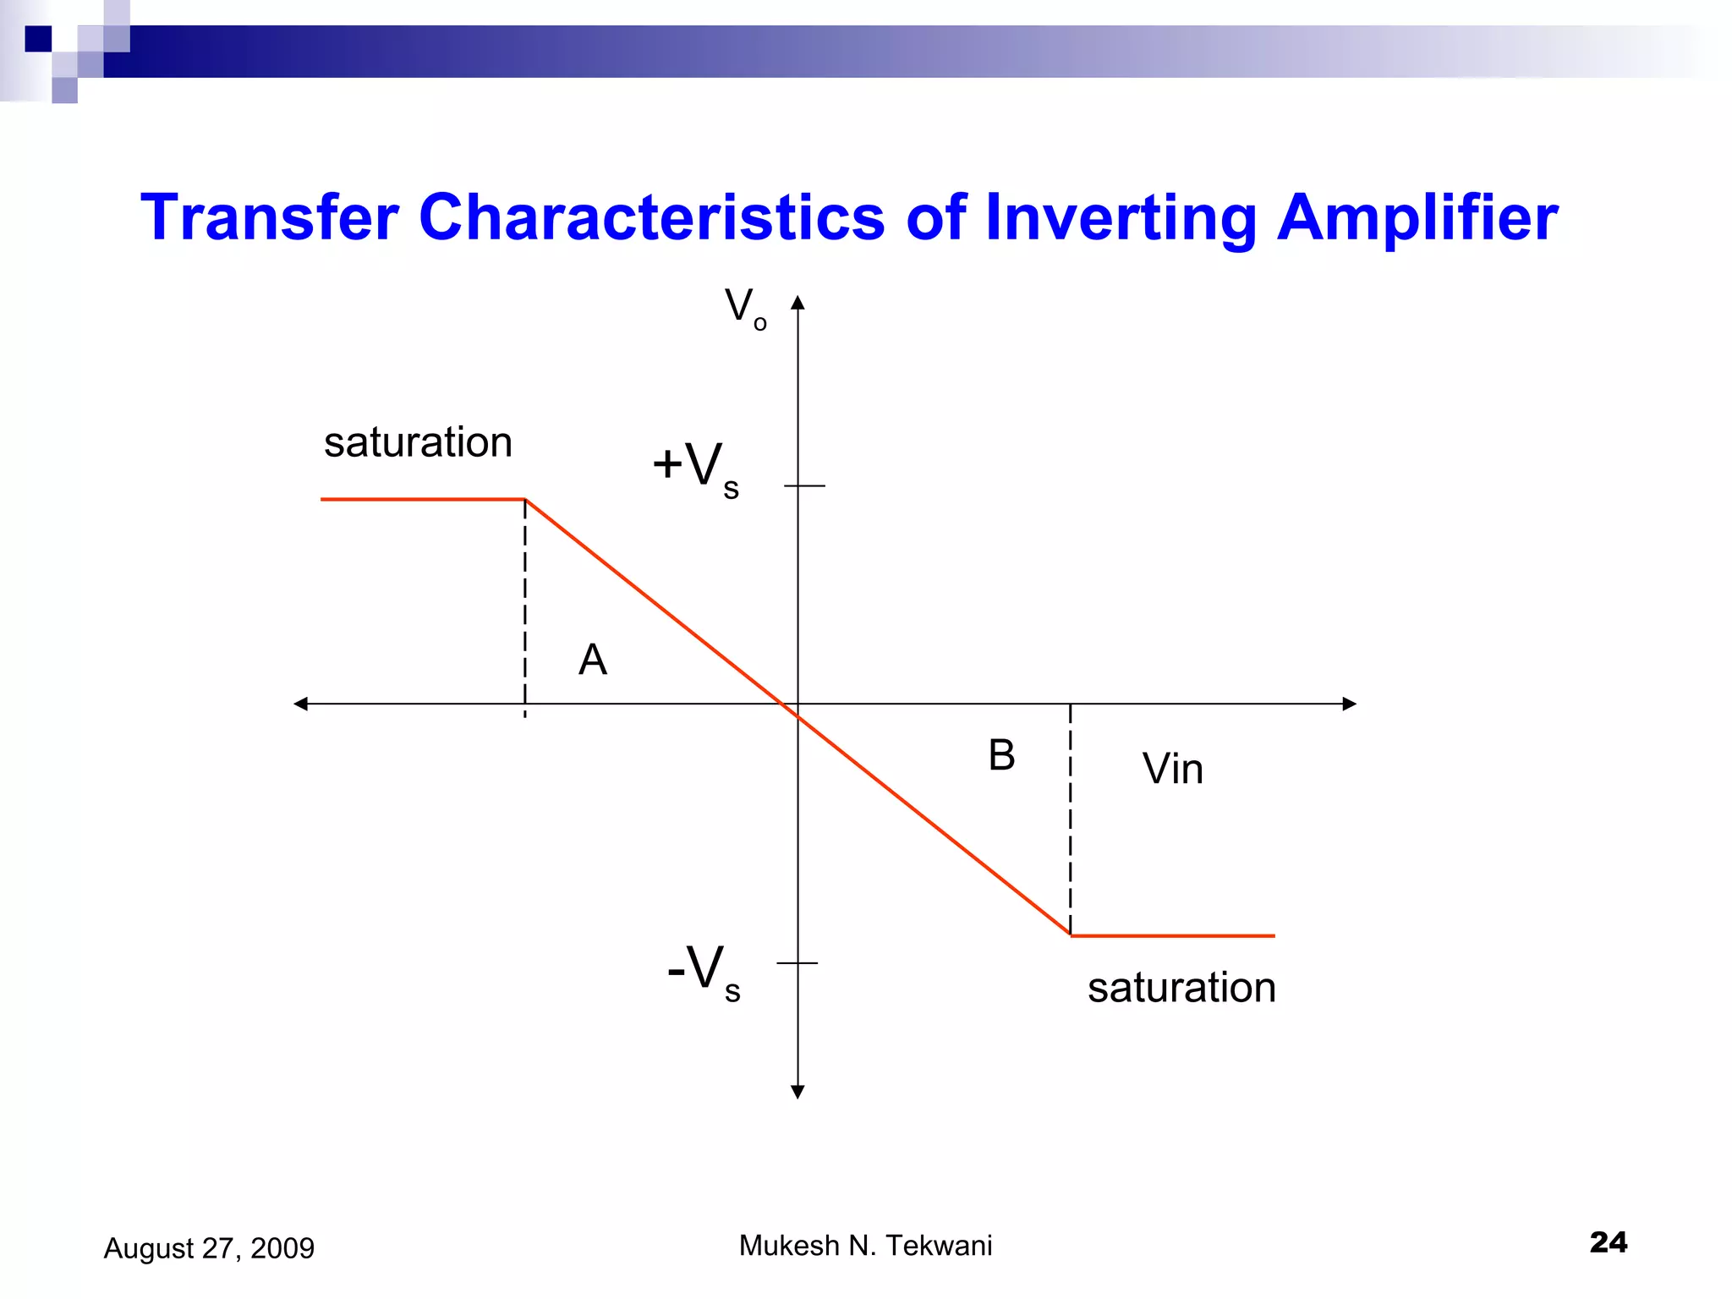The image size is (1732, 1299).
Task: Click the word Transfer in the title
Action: coord(269,217)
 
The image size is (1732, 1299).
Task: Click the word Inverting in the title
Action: coord(1120,218)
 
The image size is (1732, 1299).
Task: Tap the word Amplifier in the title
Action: coord(1417,217)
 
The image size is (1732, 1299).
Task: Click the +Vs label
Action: coord(696,468)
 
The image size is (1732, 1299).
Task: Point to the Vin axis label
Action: coord(1172,769)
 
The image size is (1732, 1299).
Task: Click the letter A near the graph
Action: coord(592,660)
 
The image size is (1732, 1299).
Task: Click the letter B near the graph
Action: coord(1001,754)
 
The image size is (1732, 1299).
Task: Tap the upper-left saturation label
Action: coord(418,442)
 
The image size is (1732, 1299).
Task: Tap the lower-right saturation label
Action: coord(1181,987)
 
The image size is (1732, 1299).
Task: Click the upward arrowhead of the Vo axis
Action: coord(797,303)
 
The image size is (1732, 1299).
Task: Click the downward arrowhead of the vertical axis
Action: coord(797,1092)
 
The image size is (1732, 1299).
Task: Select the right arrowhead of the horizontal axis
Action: coord(1349,704)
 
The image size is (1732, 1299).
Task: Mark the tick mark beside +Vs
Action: coord(804,485)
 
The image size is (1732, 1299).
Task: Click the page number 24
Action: coord(1608,1241)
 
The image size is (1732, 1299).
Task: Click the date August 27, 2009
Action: coord(209,1248)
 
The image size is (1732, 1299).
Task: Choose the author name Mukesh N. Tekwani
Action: coord(865,1245)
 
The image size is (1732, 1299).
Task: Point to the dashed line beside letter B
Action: coord(1071,820)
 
